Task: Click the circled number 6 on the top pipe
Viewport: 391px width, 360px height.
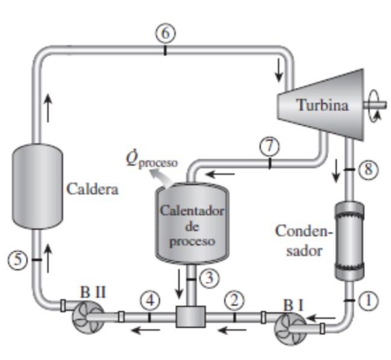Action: point(164,34)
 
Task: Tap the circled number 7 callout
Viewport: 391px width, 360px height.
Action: point(269,145)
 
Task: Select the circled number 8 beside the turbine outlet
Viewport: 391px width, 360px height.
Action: point(368,170)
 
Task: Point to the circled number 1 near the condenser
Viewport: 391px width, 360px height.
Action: point(368,300)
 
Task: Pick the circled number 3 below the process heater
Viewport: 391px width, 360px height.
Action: point(208,278)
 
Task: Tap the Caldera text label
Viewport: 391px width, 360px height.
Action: point(92,189)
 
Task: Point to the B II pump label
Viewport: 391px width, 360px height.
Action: point(93,292)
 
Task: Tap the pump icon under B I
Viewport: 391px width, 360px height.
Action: point(288,328)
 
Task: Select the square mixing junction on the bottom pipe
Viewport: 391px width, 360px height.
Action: point(191,316)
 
